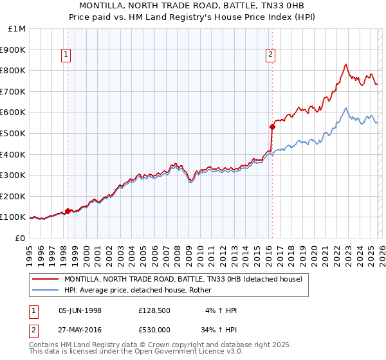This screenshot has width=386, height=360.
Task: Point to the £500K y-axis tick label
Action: click(x=14, y=133)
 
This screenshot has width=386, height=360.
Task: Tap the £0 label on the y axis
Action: click(x=21, y=238)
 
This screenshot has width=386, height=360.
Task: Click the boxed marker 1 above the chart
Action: click(x=68, y=55)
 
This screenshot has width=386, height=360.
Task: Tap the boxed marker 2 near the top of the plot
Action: click(x=271, y=55)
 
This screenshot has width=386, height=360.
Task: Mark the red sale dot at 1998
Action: click(x=68, y=211)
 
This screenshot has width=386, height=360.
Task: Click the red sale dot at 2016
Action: click(x=271, y=127)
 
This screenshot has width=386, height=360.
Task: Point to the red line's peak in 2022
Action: click(x=346, y=64)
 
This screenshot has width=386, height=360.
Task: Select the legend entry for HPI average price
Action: click(x=142, y=291)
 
